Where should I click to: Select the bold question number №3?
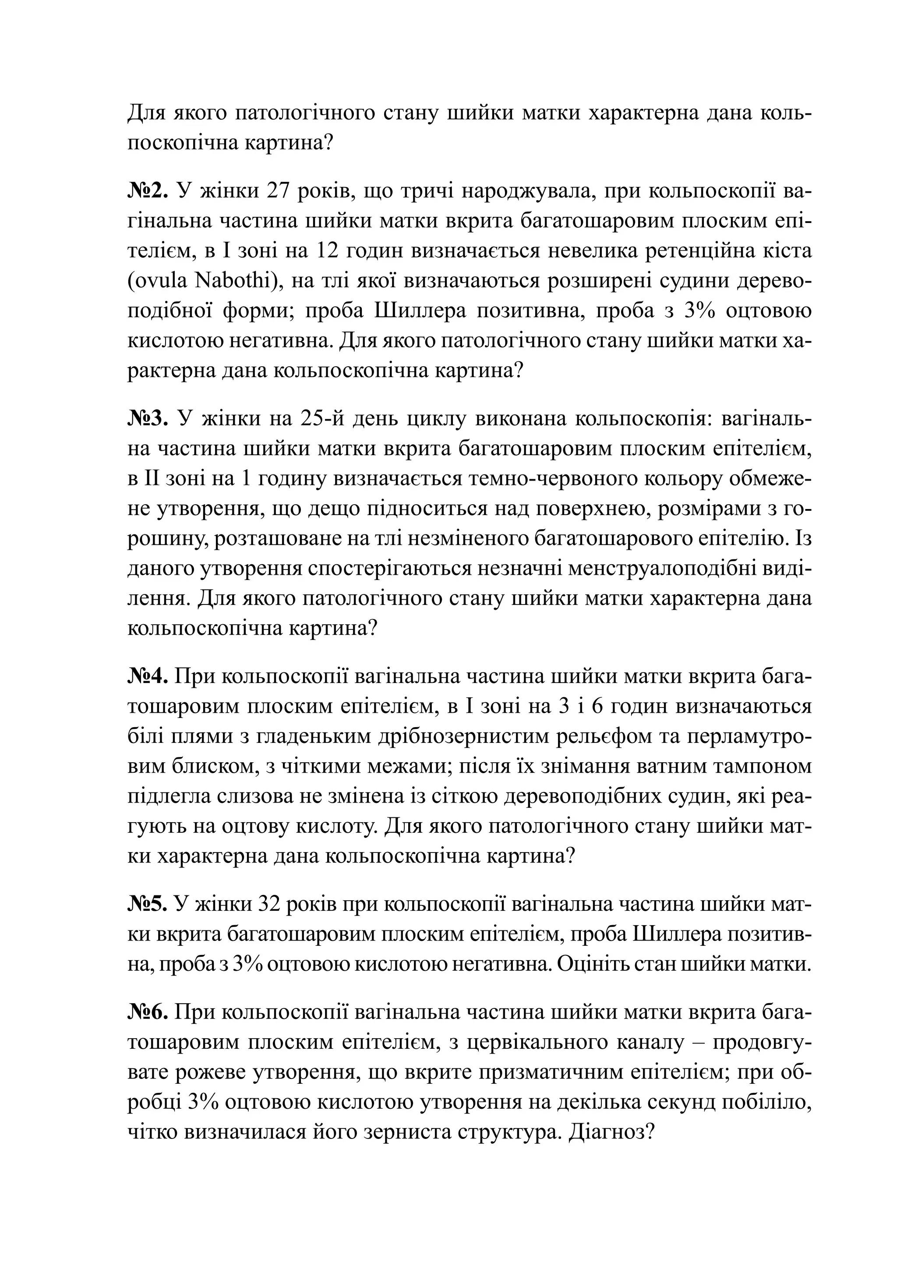148,419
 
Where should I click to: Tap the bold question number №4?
148,677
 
